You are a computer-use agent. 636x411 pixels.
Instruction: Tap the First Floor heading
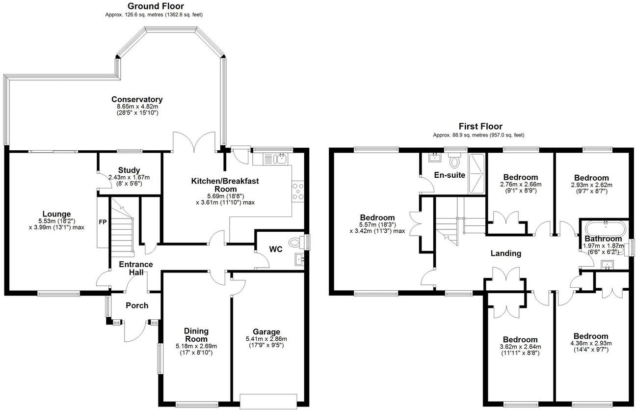click(480, 127)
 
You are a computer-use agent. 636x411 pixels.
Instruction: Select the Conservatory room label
click(137, 99)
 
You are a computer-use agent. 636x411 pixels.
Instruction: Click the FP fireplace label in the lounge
click(103, 221)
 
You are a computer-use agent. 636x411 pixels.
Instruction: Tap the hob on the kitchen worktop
click(298, 191)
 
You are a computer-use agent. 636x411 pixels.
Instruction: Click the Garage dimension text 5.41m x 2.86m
click(266, 339)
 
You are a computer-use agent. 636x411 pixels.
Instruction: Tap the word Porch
click(137, 305)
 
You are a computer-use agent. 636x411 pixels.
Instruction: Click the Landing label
click(505, 253)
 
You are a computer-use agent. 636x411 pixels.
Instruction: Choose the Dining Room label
click(196, 335)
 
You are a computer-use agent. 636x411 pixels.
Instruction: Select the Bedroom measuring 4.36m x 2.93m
click(591, 336)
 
